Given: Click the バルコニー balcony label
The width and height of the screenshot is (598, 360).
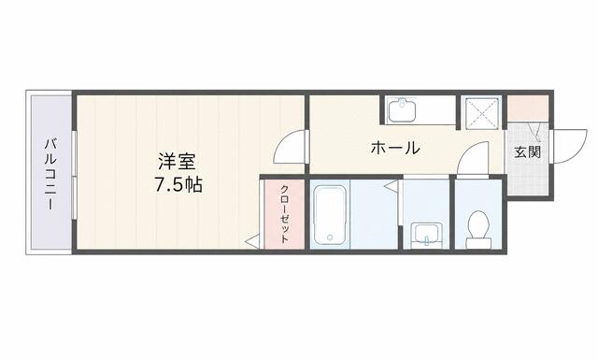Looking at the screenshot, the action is point(50,175).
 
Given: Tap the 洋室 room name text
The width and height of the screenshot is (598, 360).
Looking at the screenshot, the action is point(177,162).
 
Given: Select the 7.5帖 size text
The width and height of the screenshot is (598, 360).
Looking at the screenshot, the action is point(178,185).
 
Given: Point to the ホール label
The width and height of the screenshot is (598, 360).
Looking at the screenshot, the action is point(395,148).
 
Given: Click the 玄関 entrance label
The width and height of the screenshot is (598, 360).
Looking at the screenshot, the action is point(527,151).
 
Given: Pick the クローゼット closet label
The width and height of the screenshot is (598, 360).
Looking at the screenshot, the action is point(284,214).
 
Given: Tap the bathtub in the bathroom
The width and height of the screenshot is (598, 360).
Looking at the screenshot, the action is point(330,216).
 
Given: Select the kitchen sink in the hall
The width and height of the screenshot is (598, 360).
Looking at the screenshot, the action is point(402,109).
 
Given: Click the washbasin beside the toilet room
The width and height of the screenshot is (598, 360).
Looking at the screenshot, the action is point(427,233).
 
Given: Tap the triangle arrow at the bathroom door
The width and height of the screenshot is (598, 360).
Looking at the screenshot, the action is point(391,186).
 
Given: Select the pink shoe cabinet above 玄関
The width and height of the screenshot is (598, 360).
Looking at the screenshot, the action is point(527,108).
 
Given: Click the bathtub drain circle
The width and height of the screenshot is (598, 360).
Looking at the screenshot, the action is point(330,238).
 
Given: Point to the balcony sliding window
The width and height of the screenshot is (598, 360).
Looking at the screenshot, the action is point(75,175).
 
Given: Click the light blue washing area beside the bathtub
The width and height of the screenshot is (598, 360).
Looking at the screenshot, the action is point(374,214).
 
